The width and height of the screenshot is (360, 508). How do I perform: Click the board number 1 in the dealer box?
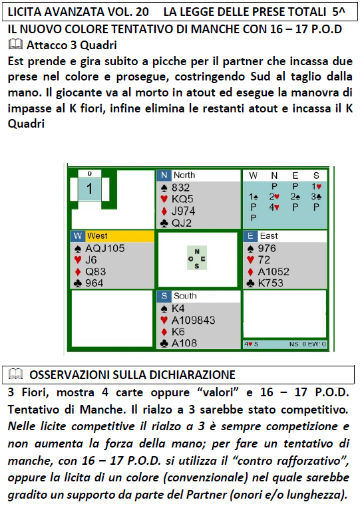tap(90, 189)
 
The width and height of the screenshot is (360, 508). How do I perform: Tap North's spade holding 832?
tap(180, 188)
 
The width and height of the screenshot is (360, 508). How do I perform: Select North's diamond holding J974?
tap(184, 211)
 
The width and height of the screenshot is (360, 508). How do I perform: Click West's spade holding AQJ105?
tap(105, 248)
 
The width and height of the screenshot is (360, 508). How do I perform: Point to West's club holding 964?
tap(94, 283)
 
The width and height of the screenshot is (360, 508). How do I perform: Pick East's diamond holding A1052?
tap(273, 271)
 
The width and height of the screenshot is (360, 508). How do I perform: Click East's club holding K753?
tap(270, 283)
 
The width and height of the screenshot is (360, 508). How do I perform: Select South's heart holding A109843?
tap(193, 320)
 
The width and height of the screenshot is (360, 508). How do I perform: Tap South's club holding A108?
tap(184, 343)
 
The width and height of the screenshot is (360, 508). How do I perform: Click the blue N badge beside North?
tap(164, 176)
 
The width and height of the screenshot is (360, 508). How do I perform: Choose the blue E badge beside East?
tap(250, 236)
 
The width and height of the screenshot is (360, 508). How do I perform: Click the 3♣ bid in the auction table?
tap(316, 197)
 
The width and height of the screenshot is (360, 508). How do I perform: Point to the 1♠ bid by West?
tap(254, 197)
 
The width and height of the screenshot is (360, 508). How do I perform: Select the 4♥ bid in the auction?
tap(274, 207)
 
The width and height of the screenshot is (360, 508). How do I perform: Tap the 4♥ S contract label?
tap(252, 344)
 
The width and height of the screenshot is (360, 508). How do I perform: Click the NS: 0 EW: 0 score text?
tap(307, 344)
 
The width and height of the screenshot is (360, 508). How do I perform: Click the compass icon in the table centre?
tap(197, 258)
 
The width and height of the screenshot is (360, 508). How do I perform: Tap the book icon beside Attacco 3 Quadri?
tap(15, 45)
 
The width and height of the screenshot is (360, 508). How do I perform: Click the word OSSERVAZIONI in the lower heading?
tap(70, 374)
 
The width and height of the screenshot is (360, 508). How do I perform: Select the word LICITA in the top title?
tap(25, 12)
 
